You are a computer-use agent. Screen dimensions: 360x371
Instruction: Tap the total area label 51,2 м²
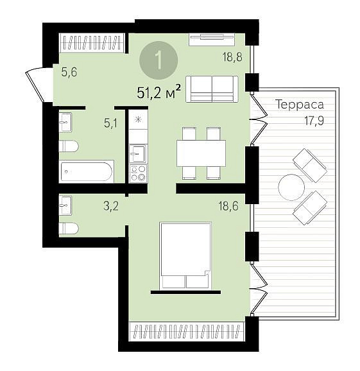159,92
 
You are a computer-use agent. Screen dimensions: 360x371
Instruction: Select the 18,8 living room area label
232,57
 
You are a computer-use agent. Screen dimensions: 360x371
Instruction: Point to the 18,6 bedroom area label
228,206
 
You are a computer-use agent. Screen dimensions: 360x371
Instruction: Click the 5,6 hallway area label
69,72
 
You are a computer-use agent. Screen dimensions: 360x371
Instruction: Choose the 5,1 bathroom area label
111,123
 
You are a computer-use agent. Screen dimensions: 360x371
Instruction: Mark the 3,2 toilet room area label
111,206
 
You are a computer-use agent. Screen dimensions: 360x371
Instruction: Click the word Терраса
300,105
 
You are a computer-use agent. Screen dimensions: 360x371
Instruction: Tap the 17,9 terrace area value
314,121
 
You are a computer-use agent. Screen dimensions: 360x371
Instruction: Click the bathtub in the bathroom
87,171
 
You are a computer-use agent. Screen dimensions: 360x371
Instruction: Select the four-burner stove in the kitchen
138,173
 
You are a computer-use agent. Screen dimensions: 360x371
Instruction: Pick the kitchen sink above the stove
138,154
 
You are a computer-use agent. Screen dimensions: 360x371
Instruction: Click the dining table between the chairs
201,153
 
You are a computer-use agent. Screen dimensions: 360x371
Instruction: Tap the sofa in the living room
212,89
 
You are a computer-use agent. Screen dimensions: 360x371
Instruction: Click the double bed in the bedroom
185,255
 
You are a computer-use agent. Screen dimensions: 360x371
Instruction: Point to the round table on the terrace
291,187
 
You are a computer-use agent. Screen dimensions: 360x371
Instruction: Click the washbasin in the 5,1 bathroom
65,123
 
